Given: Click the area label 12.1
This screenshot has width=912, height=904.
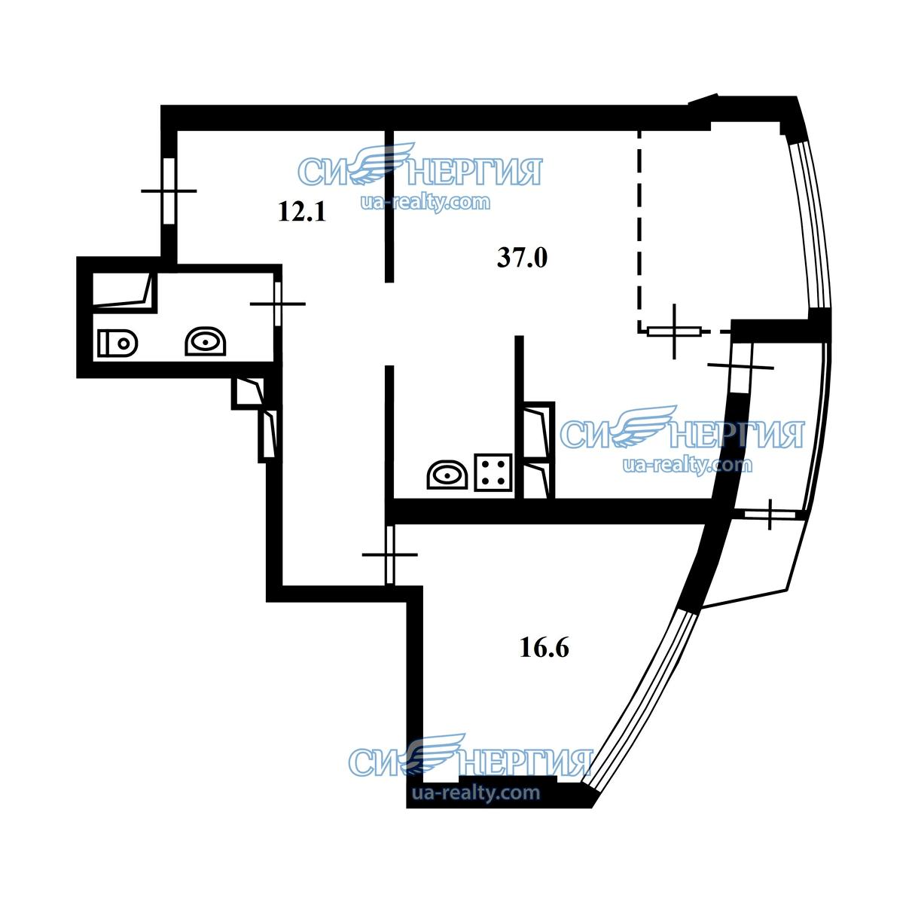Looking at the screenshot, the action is (x=302, y=212).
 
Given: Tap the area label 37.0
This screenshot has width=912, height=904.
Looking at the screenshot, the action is (x=522, y=258).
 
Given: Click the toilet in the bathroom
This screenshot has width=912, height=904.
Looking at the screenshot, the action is (x=117, y=344).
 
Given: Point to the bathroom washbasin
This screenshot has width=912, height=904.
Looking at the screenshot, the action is (x=206, y=341).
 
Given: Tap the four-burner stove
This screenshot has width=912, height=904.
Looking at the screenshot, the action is (x=493, y=472).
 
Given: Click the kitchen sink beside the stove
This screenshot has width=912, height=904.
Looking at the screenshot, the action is (x=447, y=475).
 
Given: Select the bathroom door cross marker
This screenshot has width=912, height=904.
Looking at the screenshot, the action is (x=278, y=304).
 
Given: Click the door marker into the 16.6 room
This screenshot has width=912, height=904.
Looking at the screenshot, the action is (x=389, y=554).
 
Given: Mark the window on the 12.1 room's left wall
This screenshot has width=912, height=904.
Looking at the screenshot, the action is (x=169, y=191).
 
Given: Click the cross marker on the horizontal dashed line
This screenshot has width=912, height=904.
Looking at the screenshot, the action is (x=674, y=331).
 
